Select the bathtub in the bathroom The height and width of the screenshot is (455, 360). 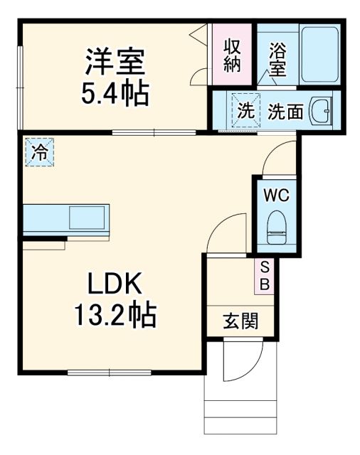click(318, 55)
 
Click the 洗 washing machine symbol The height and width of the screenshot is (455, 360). click(245, 111)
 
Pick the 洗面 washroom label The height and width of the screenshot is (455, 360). click(287, 112)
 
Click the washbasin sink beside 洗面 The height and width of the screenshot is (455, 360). click(322, 112)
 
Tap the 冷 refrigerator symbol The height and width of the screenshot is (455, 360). click(39, 151)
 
